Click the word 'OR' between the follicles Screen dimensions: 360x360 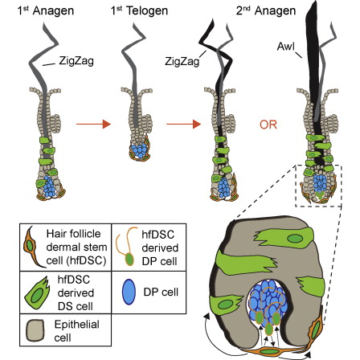260,125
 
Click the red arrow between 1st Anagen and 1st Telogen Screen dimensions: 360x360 89,126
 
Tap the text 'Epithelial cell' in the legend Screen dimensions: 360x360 76,329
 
